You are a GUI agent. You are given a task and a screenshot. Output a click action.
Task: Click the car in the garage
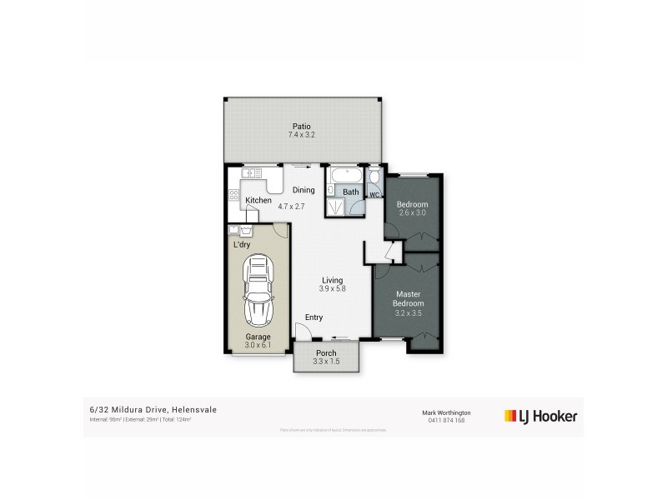coord(258,292)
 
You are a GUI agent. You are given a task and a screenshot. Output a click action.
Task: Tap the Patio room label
coord(302,126)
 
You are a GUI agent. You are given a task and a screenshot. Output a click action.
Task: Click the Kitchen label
coord(258,201)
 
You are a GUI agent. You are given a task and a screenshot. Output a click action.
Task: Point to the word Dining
coord(303,190)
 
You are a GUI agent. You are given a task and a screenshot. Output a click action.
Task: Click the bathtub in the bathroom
coord(344,177)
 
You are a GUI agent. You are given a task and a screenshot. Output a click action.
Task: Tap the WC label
coord(374,195)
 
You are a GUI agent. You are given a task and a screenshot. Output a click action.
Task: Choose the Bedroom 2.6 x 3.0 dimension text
coord(412,213)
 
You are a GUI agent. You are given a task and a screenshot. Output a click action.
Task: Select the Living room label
coord(331,280)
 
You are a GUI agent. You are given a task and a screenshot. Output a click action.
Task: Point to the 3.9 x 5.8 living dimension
coord(331,289)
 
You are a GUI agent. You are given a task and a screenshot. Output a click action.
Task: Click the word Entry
coord(313,317)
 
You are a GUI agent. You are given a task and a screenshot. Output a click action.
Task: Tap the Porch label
coord(325,353)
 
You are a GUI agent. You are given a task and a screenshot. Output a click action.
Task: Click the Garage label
coord(258,337)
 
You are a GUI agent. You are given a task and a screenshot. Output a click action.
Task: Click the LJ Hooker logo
coord(541,415)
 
